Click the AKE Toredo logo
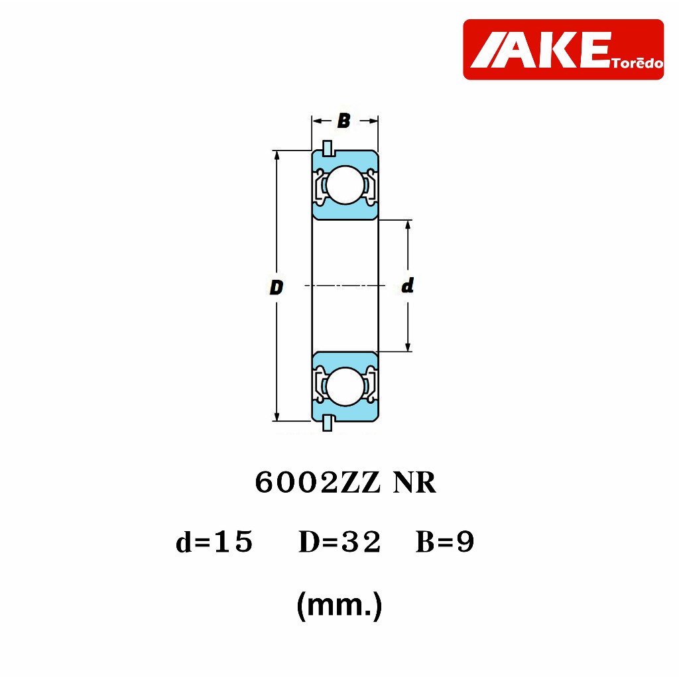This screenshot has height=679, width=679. [x=563, y=49]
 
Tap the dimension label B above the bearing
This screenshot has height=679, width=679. [x=344, y=121]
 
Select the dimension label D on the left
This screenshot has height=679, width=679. [x=276, y=288]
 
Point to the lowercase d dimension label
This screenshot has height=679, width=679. [x=408, y=285]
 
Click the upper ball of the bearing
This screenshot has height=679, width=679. [x=345, y=185]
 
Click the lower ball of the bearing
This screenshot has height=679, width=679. [x=345, y=387]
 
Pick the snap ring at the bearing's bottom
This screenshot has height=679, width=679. [x=328, y=423]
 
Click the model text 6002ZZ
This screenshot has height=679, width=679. [x=318, y=483]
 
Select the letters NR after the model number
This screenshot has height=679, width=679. [x=414, y=483]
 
